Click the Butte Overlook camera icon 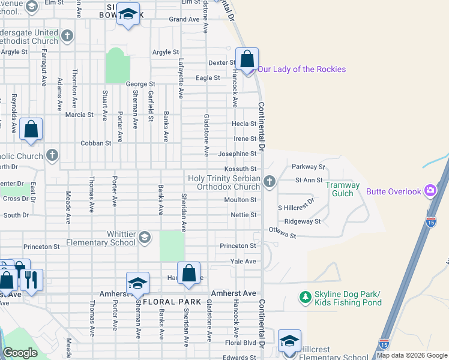click(x=430, y=191)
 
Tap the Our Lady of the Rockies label click(x=302, y=69)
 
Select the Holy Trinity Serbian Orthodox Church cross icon click(x=270, y=181)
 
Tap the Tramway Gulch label click(x=343, y=189)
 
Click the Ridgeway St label click(x=303, y=221)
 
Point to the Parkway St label click(x=308, y=167)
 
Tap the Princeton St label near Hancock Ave click(x=238, y=246)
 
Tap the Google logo click(x=20, y=353)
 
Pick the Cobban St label click(x=96, y=143)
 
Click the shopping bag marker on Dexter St click(x=247, y=59)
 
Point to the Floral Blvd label click(x=241, y=343)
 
